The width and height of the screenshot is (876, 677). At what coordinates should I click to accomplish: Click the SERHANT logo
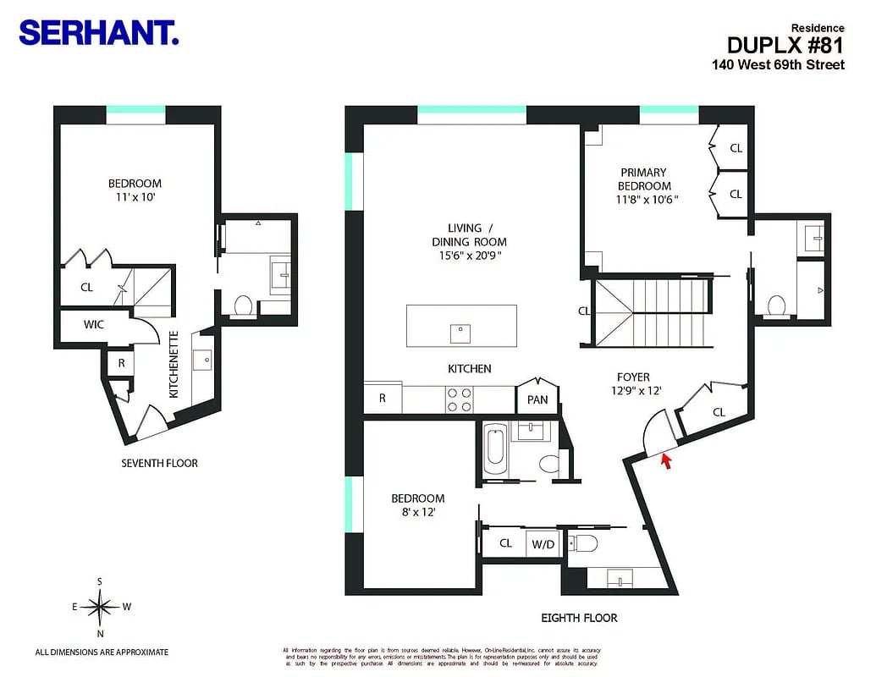click(x=98, y=33)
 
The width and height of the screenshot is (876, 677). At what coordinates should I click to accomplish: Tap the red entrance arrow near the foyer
click(x=666, y=461)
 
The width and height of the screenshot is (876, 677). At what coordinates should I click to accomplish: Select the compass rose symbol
click(x=101, y=606)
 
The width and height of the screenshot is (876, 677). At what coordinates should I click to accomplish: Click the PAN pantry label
click(x=537, y=399)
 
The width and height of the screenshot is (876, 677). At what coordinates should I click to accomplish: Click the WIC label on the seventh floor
click(x=93, y=325)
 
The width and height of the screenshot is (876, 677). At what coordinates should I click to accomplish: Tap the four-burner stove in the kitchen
click(x=459, y=399)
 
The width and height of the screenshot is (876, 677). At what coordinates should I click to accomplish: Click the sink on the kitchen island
click(x=461, y=333)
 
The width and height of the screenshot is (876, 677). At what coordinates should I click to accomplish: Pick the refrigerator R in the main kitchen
click(x=383, y=398)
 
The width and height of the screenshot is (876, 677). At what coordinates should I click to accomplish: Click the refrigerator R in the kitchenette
click(x=122, y=361)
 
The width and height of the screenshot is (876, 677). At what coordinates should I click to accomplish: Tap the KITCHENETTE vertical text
click(x=174, y=365)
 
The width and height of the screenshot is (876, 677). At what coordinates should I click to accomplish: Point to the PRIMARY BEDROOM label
click(x=644, y=179)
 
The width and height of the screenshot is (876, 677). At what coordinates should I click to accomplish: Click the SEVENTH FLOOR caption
click(x=160, y=463)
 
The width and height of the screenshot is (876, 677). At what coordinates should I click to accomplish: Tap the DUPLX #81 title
click(x=785, y=45)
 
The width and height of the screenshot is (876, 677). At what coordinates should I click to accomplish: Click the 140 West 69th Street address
click(x=778, y=64)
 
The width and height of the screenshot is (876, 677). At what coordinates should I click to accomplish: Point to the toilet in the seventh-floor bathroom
click(x=243, y=305)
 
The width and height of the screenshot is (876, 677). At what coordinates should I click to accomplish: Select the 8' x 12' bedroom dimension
click(x=417, y=513)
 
